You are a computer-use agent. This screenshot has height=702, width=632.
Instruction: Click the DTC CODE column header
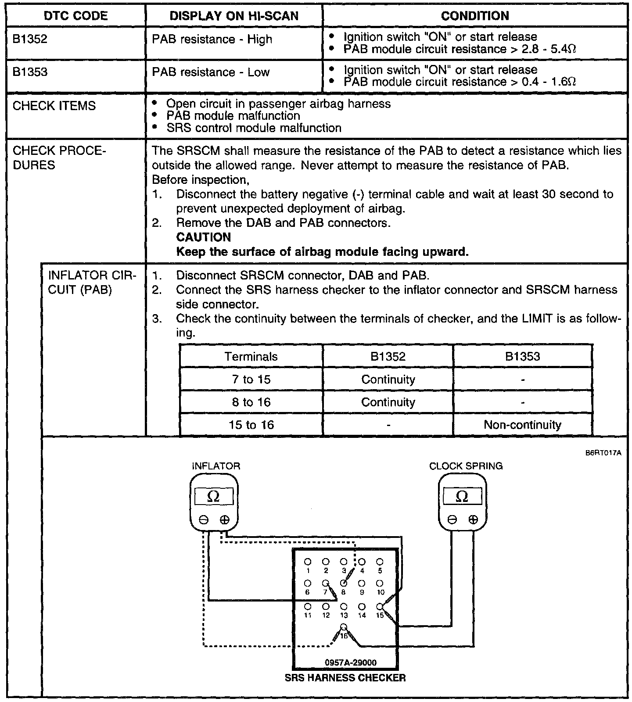click(75, 16)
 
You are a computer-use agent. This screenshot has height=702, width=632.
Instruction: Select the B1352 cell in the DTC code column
click(30, 39)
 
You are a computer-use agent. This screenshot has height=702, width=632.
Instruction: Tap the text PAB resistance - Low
click(210, 72)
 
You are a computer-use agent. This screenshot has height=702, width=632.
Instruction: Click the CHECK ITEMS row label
click(54, 106)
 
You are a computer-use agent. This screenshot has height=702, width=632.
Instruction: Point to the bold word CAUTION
click(203, 237)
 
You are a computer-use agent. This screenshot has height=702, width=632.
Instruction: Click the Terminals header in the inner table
click(251, 356)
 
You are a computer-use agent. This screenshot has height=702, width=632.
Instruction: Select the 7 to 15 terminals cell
click(251, 379)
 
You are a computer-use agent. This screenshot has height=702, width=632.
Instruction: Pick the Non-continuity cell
click(522, 425)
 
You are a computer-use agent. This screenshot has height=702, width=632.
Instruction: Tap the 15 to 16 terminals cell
click(251, 425)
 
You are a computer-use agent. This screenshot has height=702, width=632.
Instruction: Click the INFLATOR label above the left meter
click(216, 466)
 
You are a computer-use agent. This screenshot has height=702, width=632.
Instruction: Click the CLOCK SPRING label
click(466, 466)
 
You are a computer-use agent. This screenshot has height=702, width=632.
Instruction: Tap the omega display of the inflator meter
click(214, 497)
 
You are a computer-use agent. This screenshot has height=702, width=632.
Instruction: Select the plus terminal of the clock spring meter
click(473, 520)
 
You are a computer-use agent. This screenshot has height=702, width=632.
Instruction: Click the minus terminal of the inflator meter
click(204, 520)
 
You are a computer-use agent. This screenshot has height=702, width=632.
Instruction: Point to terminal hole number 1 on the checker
click(308, 562)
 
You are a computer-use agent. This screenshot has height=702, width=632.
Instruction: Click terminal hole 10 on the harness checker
click(380, 584)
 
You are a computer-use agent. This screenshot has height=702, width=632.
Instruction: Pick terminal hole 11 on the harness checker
click(308, 606)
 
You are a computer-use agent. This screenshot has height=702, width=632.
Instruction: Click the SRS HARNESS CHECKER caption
click(345, 678)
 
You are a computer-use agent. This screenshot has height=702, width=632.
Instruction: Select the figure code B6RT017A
click(603, 453)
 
